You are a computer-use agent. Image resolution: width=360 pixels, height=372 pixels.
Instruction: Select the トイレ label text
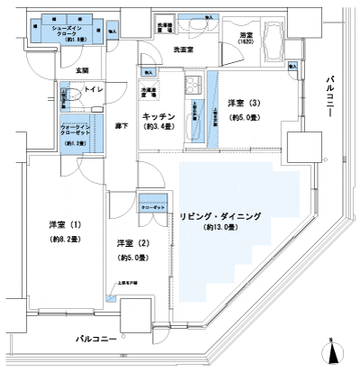93,91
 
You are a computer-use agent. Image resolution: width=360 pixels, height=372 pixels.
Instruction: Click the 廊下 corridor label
121,127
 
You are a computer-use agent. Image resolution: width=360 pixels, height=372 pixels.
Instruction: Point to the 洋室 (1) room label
65,224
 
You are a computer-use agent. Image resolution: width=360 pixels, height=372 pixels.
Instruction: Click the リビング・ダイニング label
220,216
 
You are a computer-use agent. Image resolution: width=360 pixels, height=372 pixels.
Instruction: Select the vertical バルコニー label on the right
331,100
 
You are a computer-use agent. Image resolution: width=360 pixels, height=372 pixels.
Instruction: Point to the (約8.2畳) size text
65,240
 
